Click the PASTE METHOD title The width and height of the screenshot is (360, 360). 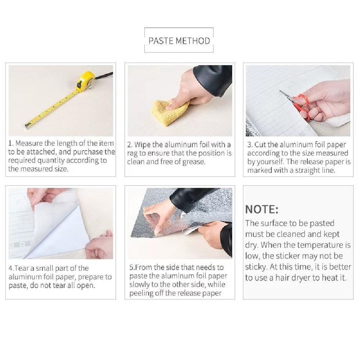pos(179,40)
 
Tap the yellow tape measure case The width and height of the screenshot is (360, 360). pos(85,82)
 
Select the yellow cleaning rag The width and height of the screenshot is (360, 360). pos(170,112)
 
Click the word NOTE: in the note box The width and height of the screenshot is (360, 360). pos(262,209)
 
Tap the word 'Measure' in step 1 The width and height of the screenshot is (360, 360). pos(29,143)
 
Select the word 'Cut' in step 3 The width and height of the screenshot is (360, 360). pos(260,144)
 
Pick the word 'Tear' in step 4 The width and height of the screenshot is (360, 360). pos(22,268)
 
